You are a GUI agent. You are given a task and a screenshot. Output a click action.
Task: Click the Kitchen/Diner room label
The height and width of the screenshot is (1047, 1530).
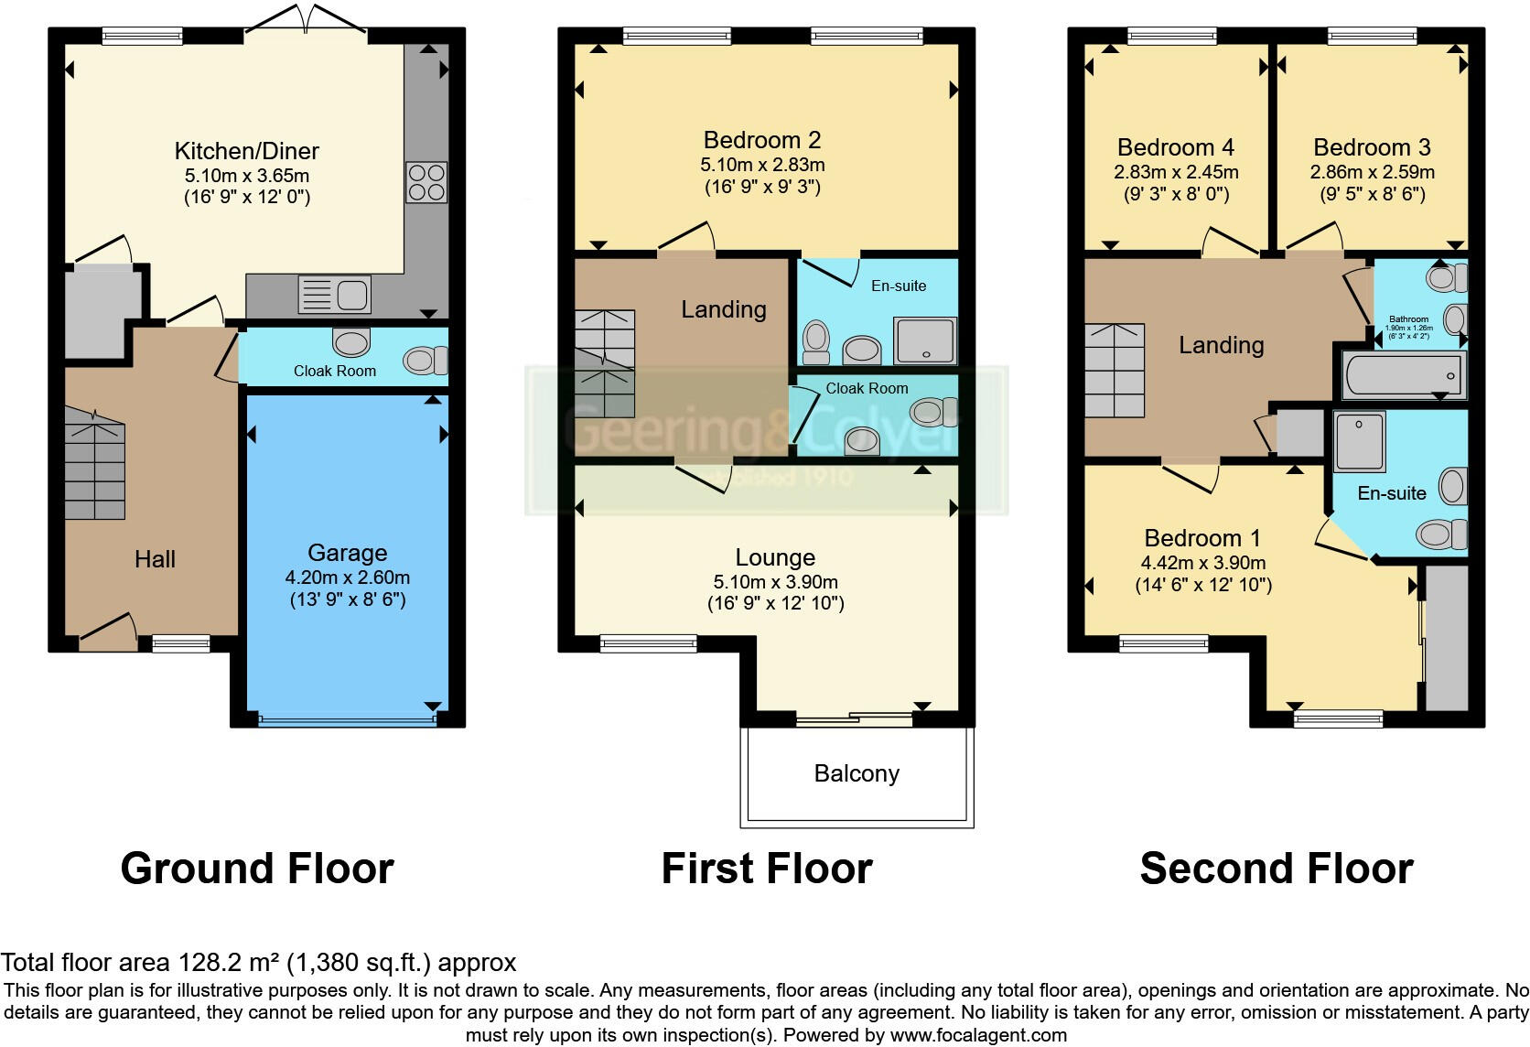point(246,151)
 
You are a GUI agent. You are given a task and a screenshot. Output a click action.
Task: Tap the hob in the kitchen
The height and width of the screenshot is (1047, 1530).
point(426,182)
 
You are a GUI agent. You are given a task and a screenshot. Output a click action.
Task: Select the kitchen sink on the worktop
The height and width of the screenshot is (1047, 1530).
point(335,295)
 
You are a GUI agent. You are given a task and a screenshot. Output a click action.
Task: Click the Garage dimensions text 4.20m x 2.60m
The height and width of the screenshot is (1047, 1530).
point(347,577)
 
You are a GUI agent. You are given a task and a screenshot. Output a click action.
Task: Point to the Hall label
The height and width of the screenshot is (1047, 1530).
point(155,559)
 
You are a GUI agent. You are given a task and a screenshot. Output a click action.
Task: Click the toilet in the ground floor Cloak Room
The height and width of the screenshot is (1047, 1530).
point(426,360)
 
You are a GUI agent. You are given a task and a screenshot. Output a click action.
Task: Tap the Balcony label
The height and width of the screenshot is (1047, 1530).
point(857,773)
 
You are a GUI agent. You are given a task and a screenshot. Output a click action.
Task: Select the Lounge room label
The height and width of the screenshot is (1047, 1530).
point(775,557)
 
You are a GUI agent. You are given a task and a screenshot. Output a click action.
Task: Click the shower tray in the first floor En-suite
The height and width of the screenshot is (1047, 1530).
point(924,340)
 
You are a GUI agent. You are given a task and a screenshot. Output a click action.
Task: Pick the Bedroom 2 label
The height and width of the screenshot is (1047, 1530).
point(761,140)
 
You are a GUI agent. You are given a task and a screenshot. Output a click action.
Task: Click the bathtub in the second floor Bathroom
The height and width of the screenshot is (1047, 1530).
point(1402,375)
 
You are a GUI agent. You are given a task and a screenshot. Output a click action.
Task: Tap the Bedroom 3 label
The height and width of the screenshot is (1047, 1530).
point(1372,147)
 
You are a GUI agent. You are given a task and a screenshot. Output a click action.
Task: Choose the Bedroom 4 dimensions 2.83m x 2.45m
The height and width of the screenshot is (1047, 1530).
point(1176,172)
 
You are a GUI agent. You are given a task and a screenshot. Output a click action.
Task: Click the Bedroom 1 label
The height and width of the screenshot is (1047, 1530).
point(1193,538)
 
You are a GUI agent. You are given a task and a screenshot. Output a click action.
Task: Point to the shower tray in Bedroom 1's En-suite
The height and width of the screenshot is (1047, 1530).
point(1360,441)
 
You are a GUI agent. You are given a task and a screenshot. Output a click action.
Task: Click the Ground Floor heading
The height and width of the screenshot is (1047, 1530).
point(257,868)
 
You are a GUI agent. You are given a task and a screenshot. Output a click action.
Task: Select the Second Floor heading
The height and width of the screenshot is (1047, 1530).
point(1277,868)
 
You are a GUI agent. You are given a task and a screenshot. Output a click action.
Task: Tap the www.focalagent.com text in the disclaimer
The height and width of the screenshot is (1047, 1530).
point(978,1035)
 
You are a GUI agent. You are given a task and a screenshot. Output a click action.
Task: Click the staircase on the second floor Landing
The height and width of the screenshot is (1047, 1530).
point(1114,370)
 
